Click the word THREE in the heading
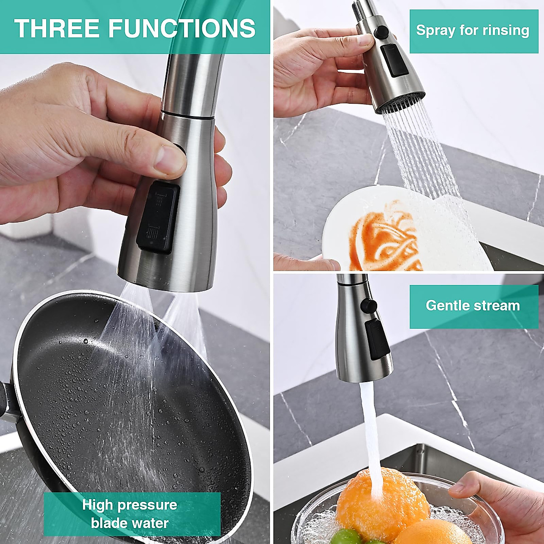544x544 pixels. click(x=57, y=28)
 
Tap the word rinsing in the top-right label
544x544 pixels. click(x=505, y=30)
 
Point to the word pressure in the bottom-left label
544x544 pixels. click(x=152, y=505)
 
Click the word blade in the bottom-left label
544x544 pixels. click(x=109, y=523)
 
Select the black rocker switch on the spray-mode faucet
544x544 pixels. click(x=393, y=60)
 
